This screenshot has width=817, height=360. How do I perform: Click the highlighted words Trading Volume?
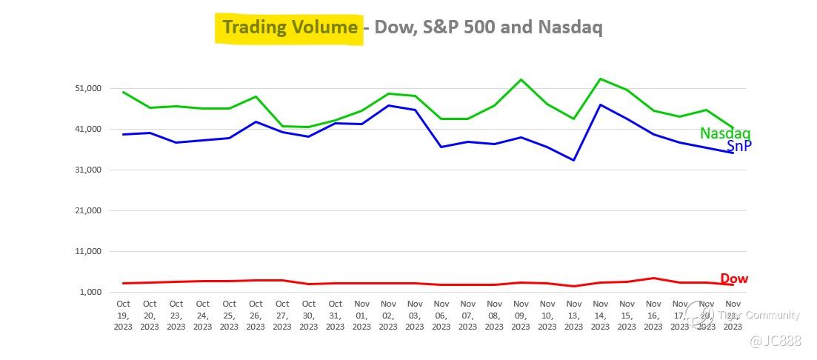tap(290, 28)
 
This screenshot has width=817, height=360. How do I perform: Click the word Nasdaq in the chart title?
tap(570, 28)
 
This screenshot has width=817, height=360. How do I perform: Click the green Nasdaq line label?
tap(725, 133)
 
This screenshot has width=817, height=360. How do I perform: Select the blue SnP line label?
tap(738, 146)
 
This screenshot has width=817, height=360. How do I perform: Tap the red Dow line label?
tap(734, 279)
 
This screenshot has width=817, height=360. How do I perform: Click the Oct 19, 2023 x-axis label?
tap(123, 315)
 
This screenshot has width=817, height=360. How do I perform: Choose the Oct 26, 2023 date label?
tap(256, 315)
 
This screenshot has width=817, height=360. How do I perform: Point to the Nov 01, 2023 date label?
tap(361, 315)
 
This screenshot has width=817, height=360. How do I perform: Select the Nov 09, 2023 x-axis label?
tap(521, 315)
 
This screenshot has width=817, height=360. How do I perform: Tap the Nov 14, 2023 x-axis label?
tap(601, 315)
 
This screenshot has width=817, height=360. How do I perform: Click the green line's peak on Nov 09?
tap(521, 79)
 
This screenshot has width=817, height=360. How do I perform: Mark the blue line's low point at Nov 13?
tap(574, 160)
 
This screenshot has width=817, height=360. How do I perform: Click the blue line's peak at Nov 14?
tap(601, 104)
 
